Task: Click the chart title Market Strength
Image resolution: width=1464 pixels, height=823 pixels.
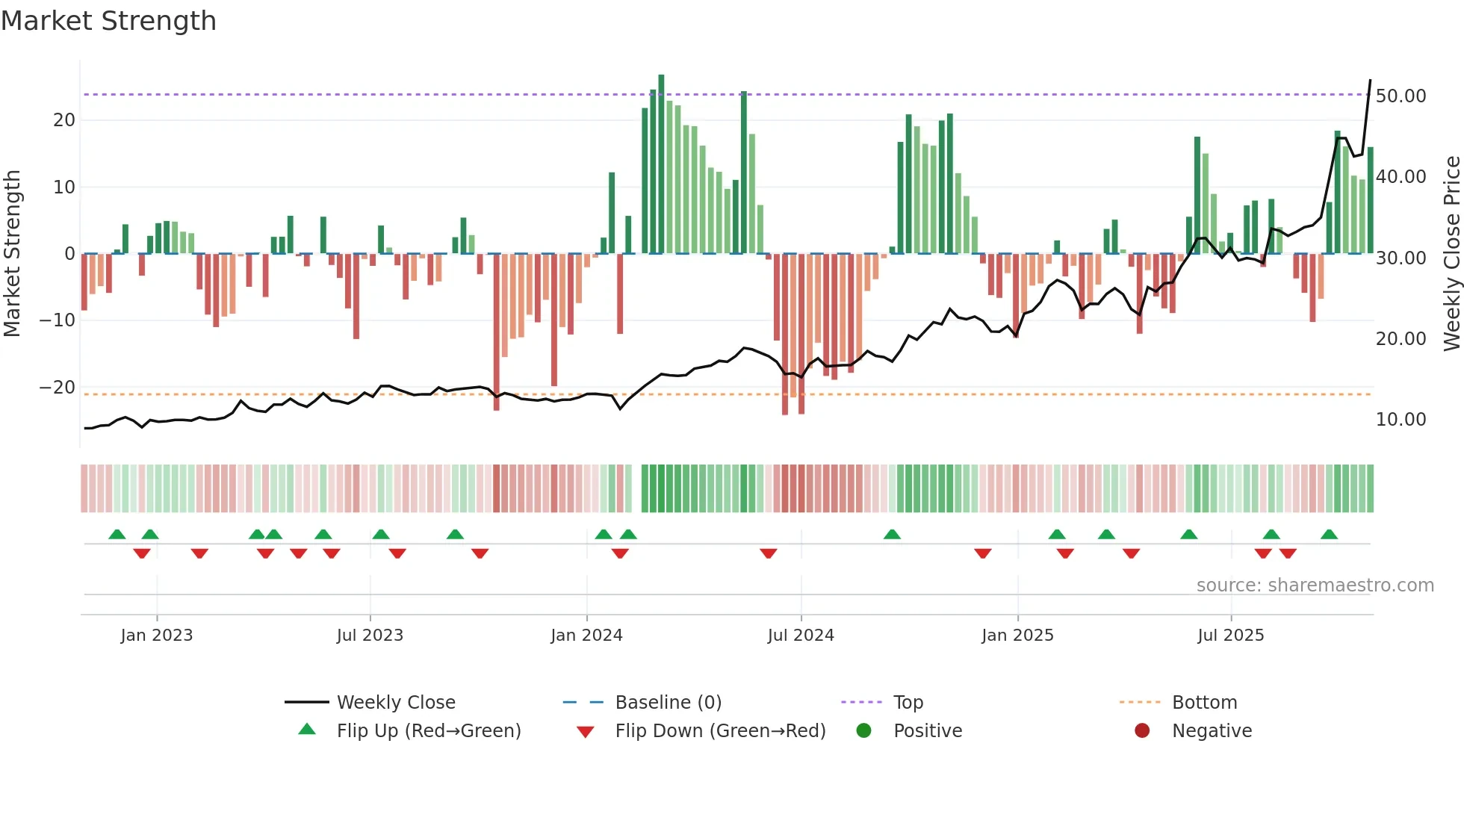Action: point(109,21)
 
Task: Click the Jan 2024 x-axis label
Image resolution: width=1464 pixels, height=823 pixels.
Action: point(586,635)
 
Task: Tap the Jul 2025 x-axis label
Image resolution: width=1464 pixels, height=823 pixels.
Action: point(1230,635)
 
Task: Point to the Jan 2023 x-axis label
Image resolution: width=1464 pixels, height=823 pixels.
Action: point(157,635)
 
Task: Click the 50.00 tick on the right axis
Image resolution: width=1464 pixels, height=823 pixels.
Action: point(1401,96)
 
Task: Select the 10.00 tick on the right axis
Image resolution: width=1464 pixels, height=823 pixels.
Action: point(1401,420)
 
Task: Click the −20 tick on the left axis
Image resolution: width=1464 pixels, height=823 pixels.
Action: point(58,388)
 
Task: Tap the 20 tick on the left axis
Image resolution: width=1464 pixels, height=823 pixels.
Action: point(64,120)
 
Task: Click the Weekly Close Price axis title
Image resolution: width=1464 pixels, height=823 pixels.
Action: point(1451,254)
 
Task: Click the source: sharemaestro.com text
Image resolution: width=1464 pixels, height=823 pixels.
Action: point(1315,585)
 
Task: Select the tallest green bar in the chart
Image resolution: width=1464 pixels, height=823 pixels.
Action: point(661,164)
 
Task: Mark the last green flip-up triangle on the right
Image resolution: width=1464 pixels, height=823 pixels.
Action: point(1329,534)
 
